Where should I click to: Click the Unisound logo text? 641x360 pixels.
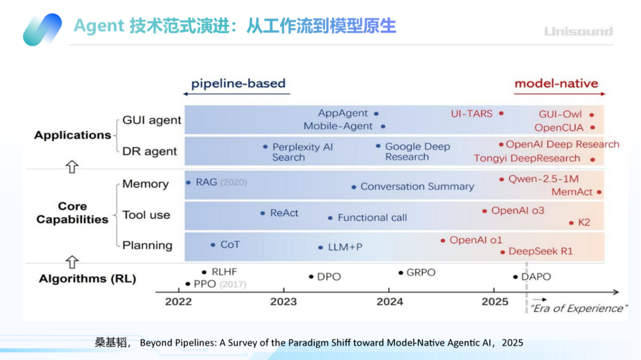(x=578, y=31)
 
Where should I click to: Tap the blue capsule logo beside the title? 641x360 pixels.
(x=42, y=30)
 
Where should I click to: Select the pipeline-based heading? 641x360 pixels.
(x=238, y=84)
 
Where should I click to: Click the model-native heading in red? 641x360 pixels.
(x=556, y=84)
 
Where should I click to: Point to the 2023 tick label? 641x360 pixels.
(x=283, y=302)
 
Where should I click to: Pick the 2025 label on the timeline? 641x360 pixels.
(x=495, y=302)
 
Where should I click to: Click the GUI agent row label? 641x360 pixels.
(x=152, y=120)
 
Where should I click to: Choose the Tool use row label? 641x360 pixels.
(x=146, y=215)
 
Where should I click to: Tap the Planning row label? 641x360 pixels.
(x=147, y=245)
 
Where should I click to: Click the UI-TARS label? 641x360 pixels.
(x=472, y=113)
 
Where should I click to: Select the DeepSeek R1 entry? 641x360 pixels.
(x=540, y=251)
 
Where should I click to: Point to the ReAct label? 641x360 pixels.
(x=284, y=213)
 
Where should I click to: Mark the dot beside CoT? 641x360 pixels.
(x=213, y=245)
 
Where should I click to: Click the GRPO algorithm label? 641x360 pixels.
(x=420, y=272)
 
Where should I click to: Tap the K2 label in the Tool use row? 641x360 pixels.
(x=584, y=223)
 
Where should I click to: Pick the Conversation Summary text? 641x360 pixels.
(x=417, y=187)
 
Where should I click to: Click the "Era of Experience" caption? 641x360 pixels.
(x=578, y=309)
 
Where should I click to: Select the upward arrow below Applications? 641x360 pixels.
(x=72, y=167)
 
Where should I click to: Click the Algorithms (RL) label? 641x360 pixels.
(x=87, y=279)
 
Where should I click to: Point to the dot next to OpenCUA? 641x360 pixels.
(x=593, y=128)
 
